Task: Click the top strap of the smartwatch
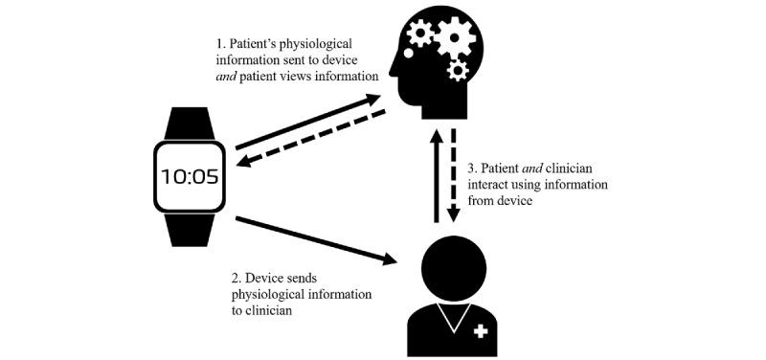click(189, 124)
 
